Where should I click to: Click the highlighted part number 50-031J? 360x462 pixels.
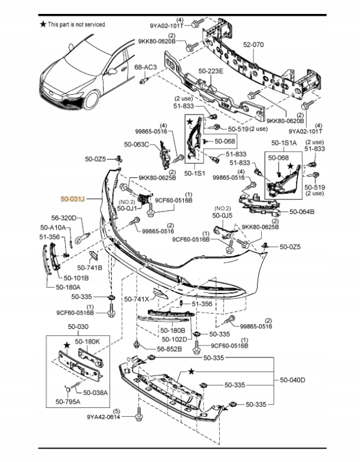tap(73, 199)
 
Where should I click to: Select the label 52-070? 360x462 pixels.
tap(253, 44)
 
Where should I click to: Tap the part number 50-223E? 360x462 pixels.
tap(211, 71)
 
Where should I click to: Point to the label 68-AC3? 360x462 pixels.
tap(145, 67)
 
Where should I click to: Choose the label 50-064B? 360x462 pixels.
tap(302, 212)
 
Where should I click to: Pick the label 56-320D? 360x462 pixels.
tap(65, 219)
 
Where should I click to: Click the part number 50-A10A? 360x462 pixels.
tap(53, 227)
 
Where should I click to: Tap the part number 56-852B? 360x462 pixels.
tap(169, 349)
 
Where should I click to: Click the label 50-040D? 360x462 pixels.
tap(293, 380)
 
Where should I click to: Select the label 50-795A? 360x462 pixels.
tap(68, 401)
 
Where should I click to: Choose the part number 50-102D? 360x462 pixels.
tap(174, 339)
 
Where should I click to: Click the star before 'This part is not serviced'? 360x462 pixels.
tap(42, 24)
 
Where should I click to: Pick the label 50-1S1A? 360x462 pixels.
tap(284, 142)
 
